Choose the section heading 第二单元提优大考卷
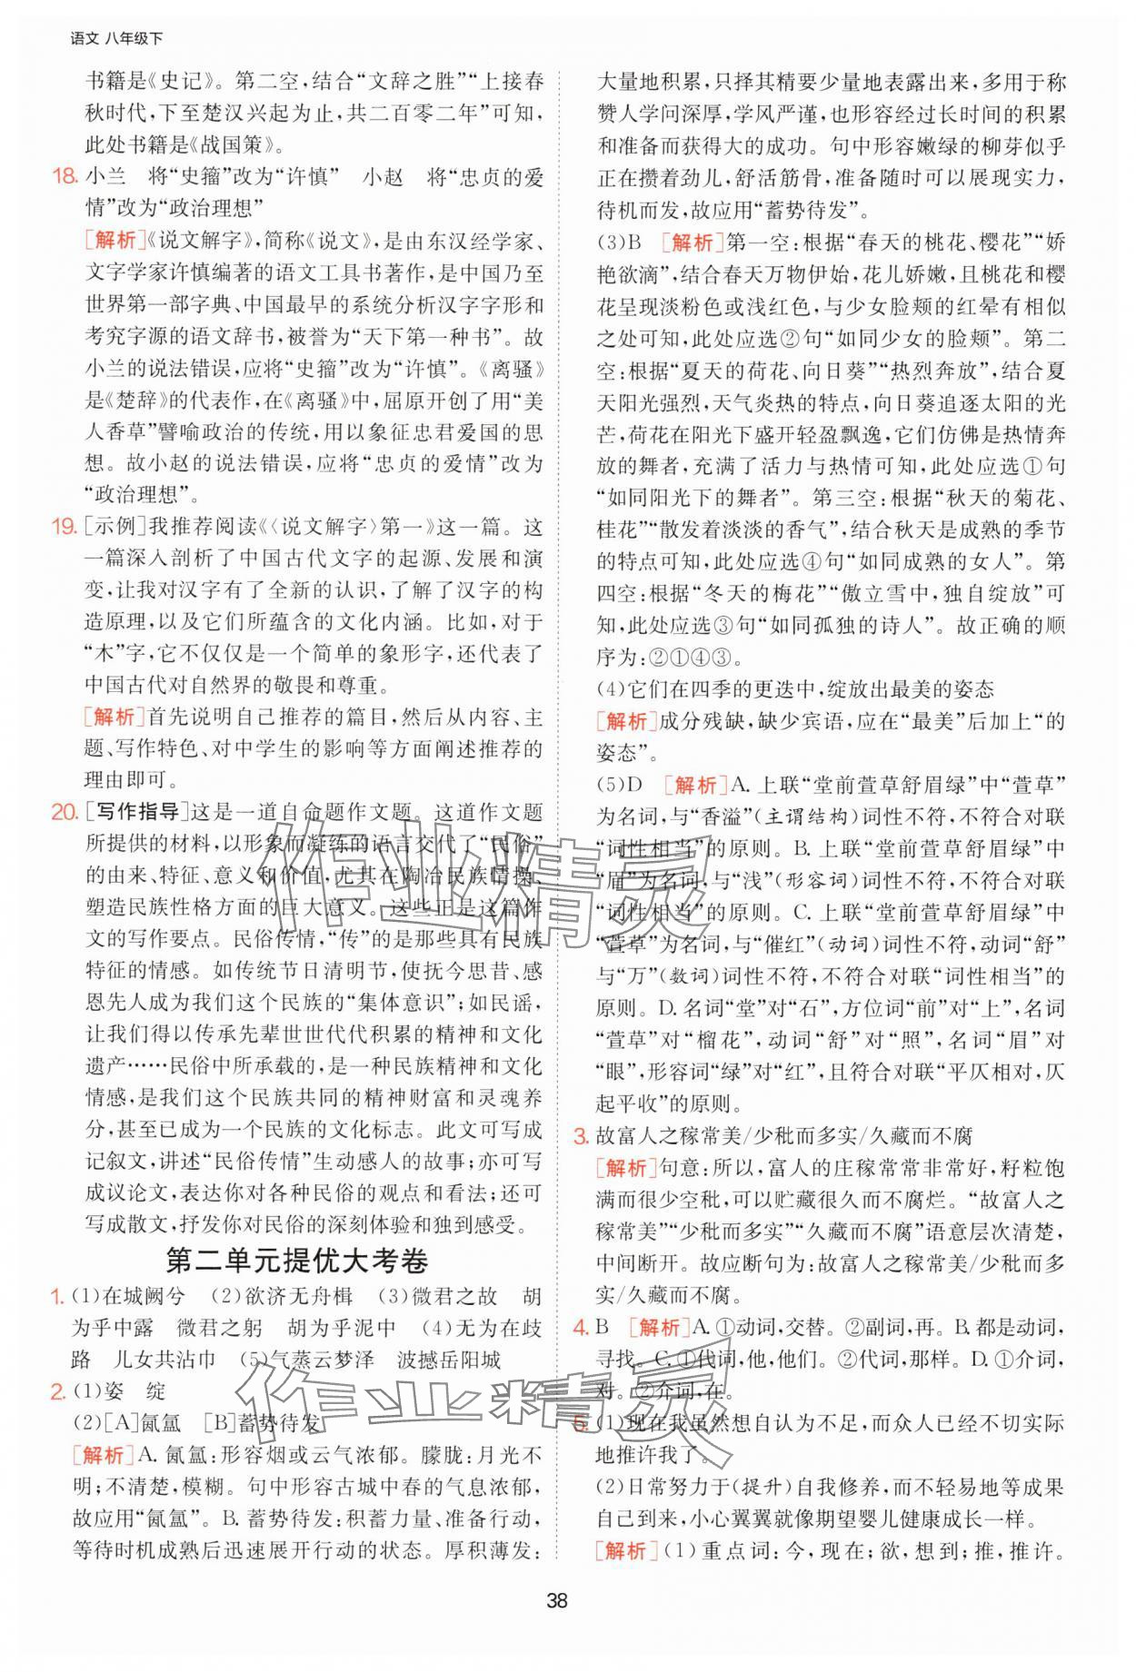point(297,1261)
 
